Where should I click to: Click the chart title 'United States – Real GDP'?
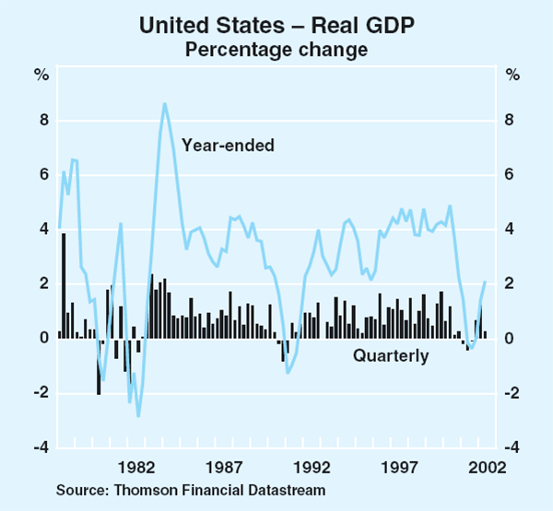pos(276,26)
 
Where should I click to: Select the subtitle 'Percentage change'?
pos(276,48)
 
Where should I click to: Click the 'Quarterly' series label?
pos(390,355)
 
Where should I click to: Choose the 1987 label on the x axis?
pos(225,467)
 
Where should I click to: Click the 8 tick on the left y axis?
pos(42,121)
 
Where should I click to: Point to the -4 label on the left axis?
pos(40,447)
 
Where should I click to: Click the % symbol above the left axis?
pos(42,74)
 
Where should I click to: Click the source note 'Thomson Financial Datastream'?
pos(191,490)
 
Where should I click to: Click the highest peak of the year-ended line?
pos(164,103)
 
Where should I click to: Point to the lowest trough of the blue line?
pos(138,416)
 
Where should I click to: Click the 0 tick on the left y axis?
pos(42,339)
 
